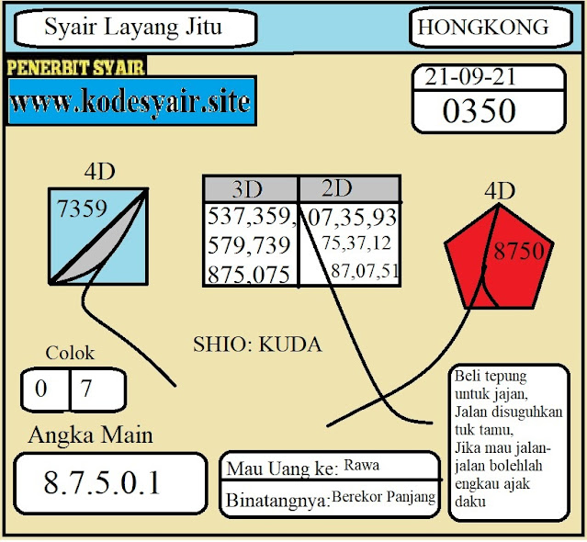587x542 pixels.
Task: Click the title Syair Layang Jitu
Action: [x=133, y=28]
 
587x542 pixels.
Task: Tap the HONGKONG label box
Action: [x=483, y=28]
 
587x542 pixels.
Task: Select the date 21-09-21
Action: [x=469, y=78]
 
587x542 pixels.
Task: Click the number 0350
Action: [x=479, y=111]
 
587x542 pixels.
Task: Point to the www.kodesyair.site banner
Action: [x=130, y=102]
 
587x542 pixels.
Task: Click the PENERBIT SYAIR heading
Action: [x=76, y=68]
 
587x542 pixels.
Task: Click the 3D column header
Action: [x=247, y=190]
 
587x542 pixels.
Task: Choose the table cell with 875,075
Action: [x=251, y=275]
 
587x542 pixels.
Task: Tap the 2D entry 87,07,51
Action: [x=365, y=270]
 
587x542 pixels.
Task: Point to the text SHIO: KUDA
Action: [x=257, y=344]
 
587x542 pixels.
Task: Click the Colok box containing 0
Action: [x=43, y=389]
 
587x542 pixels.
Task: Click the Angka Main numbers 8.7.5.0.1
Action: [x=102, y=482]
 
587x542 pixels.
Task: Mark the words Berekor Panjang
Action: [x=383, y=497]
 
